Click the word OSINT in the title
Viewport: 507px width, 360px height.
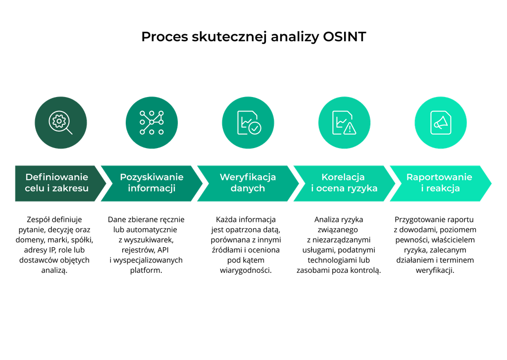345,37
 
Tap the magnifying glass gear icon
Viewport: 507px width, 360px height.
61,123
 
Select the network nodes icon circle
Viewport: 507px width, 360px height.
152,123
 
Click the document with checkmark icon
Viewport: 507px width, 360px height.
248,123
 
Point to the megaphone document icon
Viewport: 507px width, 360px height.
441,123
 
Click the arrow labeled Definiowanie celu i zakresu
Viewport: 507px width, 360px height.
60,183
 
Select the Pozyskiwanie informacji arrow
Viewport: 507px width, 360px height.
152,183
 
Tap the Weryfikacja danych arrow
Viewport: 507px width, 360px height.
248,183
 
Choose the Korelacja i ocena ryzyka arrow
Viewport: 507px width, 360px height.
345,183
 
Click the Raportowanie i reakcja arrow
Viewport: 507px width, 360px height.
441,183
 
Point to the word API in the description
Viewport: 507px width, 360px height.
162,250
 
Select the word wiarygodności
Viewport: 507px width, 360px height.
246,270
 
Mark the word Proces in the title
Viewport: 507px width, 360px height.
164,37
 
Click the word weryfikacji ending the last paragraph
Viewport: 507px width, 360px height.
435,270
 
